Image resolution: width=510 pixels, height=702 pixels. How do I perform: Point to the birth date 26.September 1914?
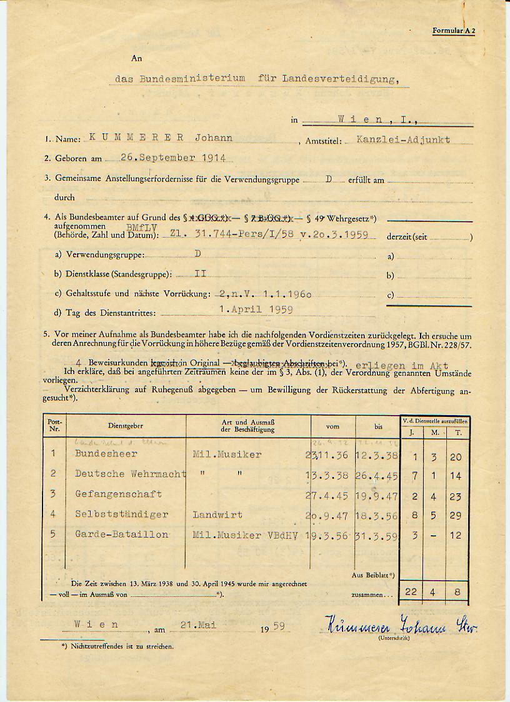tap(173, 158)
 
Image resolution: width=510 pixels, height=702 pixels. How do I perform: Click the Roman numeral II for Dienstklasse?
tap(200, 274)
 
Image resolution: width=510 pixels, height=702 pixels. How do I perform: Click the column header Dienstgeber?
tap(126, 426)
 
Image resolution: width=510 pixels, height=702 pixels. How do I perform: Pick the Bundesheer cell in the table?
tap(106, 454)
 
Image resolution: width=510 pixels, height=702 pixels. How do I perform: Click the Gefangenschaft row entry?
tap(118, 494)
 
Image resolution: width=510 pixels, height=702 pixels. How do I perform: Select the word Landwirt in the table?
tap(217, 514)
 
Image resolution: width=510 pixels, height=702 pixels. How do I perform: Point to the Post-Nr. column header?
tap(54, 425)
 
